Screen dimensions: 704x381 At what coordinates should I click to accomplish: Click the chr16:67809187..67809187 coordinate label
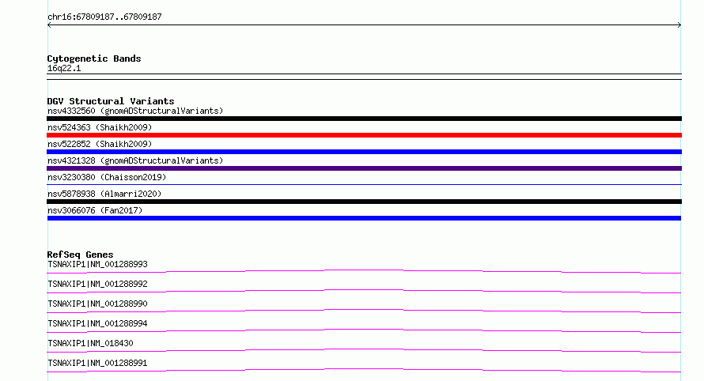(104, 17)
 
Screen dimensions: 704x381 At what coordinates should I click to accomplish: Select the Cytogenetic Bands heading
(94, 58)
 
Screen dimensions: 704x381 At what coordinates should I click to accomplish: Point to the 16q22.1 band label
(64, 68)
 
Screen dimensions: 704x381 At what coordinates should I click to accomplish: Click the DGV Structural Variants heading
(111, 101)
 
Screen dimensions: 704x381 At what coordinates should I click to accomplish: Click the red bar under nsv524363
(364, 135)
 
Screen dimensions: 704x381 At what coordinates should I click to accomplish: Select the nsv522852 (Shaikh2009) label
(100, 144)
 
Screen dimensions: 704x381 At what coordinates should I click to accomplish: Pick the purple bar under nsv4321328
(364, 168)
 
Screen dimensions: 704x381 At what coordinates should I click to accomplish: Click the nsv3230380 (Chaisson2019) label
(107, 177)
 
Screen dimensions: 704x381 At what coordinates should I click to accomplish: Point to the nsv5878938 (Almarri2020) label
(104, 194)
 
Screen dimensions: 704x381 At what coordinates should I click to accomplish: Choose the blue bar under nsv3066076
(364, 218)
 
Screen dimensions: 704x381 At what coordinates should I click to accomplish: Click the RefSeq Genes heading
(80, 255)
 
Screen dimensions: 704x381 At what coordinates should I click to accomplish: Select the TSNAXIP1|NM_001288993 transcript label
(97, 264)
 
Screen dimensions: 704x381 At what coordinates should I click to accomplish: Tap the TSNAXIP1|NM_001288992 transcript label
(97, 284)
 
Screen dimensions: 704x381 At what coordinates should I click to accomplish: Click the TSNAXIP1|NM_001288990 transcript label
(97, 304)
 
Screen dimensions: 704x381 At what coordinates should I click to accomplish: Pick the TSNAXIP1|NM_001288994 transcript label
(97, 323)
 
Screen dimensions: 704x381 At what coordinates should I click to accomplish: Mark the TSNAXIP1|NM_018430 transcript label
(90, 343)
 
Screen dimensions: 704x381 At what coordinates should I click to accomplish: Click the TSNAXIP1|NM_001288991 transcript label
(97, 363)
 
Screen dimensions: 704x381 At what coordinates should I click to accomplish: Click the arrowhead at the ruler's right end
(679, 25)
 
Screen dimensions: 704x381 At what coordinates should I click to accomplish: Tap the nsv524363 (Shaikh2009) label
(100, 127)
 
